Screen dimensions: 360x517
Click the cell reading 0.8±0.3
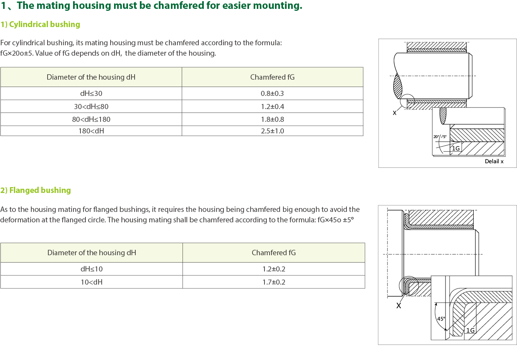click(x=272, y=93)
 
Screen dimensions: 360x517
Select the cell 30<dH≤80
click(x=91, y=106)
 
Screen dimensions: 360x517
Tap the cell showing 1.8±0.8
click(x=272, y=119)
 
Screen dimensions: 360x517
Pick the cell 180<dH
click(x=91, y=131)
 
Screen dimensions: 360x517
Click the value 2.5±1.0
click(x=272, y=131)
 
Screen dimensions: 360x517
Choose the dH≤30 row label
click(x=91, y=93)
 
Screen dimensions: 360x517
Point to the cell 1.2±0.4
click(x=272, y=106)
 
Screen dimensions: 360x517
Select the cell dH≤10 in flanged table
click(x=92, y=269)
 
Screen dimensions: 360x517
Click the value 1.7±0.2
click(x=274, y=282)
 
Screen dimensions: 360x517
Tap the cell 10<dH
click(x=92, y=282)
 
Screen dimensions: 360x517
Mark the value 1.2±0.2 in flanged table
click(x=274, y=269)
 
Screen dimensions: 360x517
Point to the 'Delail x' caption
click(x=494, y=161)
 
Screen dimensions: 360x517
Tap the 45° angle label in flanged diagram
click(x=441, y=319)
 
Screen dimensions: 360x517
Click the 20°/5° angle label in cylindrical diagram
click(x=440, y=137)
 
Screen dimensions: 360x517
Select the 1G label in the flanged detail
click(x=470, y=330)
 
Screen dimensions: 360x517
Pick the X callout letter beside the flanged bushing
click(x=399, y=306)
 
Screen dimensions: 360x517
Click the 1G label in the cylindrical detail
click(x=456, y=148)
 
